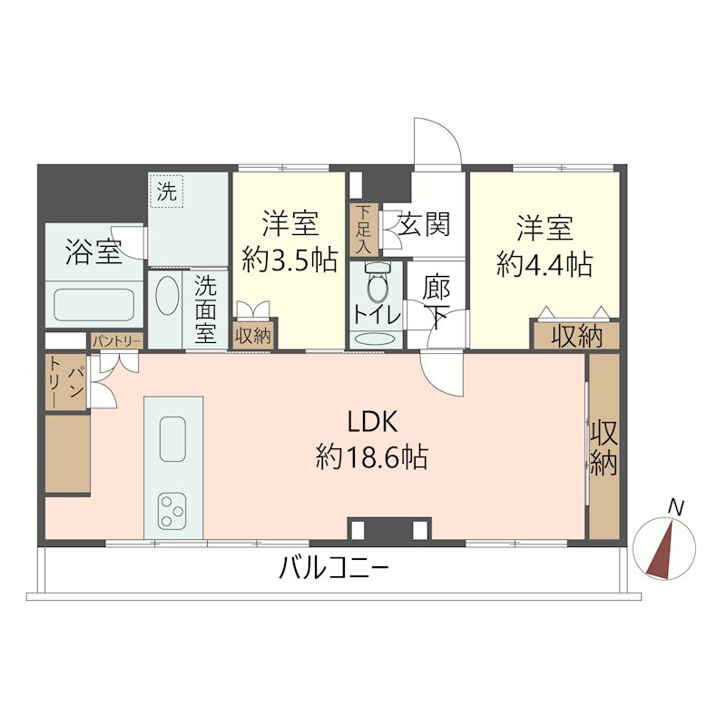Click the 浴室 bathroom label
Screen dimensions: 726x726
pyautogui.click(x=93, y=252)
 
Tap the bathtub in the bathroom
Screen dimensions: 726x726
pyautogui.click(x=94, y=305)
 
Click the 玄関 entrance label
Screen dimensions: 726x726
pyautogui.click(x=424, y=224)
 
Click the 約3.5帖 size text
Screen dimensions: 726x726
pyautogui.click(x=289, y=260)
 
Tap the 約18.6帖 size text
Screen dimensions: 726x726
pyautogui.click(x=372, y=456)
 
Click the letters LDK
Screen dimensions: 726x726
pyautogui.click(x=372, y=422)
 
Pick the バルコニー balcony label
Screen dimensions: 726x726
pyautogui.click(x=333, y=568)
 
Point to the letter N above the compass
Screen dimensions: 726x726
pyautogui.click(x=676, y=508)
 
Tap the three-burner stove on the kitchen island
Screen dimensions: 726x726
pyautogui.click(x=172, y=511)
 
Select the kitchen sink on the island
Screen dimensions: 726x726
pyautogui.click(x=172, y=439)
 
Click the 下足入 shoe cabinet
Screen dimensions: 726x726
pyautogui.click(x=364, y=231)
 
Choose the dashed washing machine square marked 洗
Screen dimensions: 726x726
pyautogui.click(x=166, y=191)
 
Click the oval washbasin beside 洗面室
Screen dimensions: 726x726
pyautogui.click(x=167, y=296)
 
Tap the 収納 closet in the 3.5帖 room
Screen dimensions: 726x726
pyautogui.click(x=253, y=335)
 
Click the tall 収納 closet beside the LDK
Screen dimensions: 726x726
pyautogui.click(x=603, y=446)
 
